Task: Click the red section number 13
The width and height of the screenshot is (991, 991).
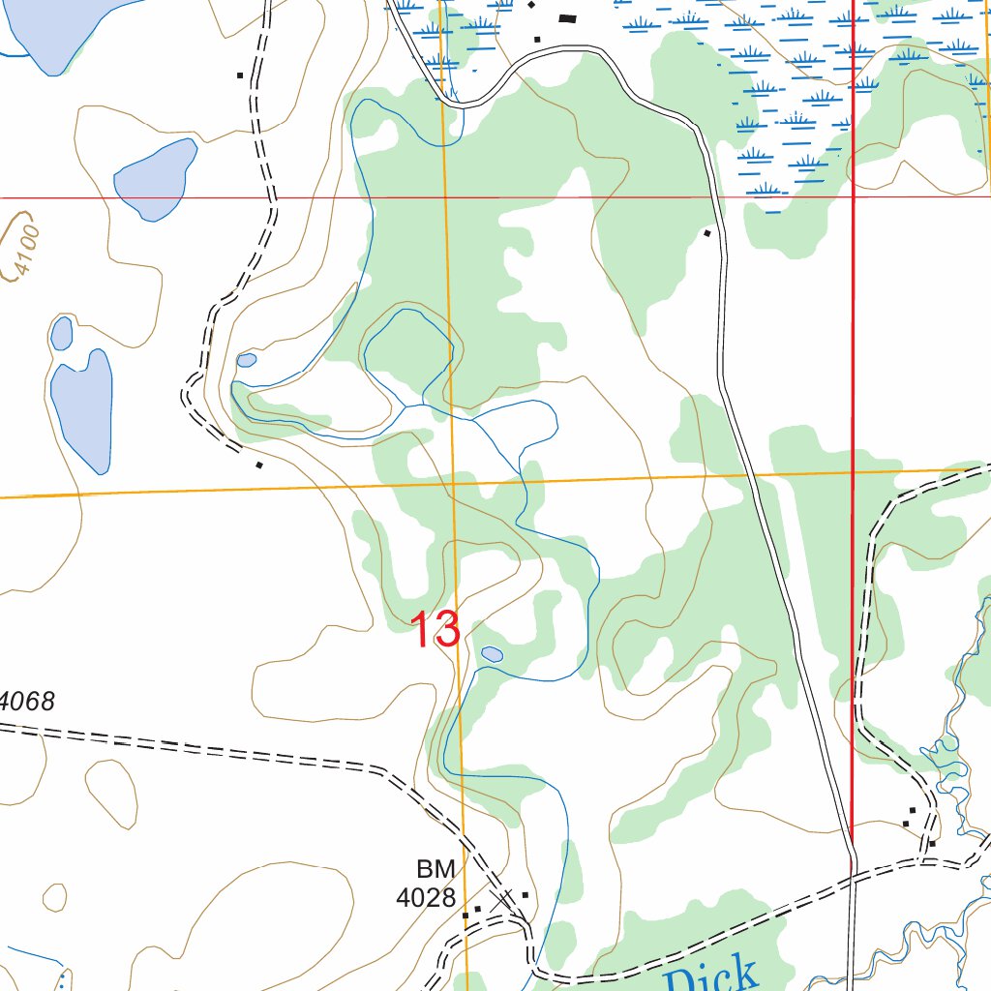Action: (436, 630)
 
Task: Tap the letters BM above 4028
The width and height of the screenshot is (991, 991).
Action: (435, 867)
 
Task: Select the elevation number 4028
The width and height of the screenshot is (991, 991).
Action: (426, 897)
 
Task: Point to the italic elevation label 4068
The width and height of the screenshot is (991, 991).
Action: (27, 701)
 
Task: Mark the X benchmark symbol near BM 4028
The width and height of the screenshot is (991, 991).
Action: (503, 899)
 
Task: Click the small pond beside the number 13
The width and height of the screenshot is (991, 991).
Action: (492, 654)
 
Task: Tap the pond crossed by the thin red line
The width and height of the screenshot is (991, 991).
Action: (155, 179)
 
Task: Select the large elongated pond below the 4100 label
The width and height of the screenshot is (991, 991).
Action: (83, 409)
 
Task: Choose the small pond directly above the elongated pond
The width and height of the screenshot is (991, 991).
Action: (62, 334)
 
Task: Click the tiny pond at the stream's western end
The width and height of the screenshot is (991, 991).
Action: (247, 360)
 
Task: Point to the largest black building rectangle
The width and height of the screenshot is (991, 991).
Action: (567, 17)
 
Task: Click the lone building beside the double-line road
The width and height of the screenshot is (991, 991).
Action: (707, 232)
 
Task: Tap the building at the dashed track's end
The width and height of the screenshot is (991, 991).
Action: (258, 465)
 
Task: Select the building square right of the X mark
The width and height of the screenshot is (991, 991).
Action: (525, 894)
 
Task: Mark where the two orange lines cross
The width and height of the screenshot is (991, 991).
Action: (454, 481)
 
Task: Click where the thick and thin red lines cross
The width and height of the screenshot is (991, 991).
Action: (853, 196)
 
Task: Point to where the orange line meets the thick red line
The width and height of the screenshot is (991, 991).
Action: (852, 472)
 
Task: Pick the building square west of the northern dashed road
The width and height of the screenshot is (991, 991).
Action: (239, 75)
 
